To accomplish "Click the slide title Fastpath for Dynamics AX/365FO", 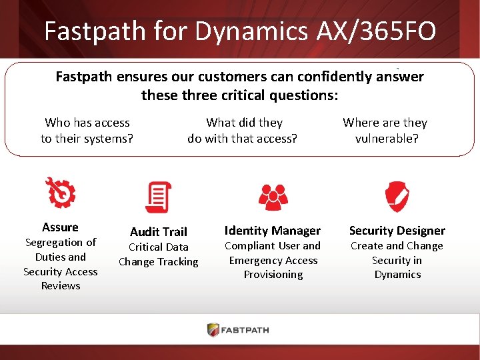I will (239, 31).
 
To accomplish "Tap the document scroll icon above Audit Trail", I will (158, 197).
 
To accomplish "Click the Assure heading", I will (60, 227).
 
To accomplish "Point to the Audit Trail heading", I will (159, 231).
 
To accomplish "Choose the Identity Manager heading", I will (273, 231).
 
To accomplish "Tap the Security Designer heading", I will (397, 231).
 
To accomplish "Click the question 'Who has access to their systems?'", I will (87, 131).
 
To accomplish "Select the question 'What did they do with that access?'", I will (243, 131).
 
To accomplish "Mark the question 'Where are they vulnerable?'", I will (385, 131).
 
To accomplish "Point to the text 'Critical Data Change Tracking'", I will (159, 255).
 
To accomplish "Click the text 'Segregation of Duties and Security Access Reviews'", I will (60, 264).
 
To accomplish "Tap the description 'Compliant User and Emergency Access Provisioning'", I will (273, 260).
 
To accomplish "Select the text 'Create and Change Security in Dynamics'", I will (397, 260).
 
